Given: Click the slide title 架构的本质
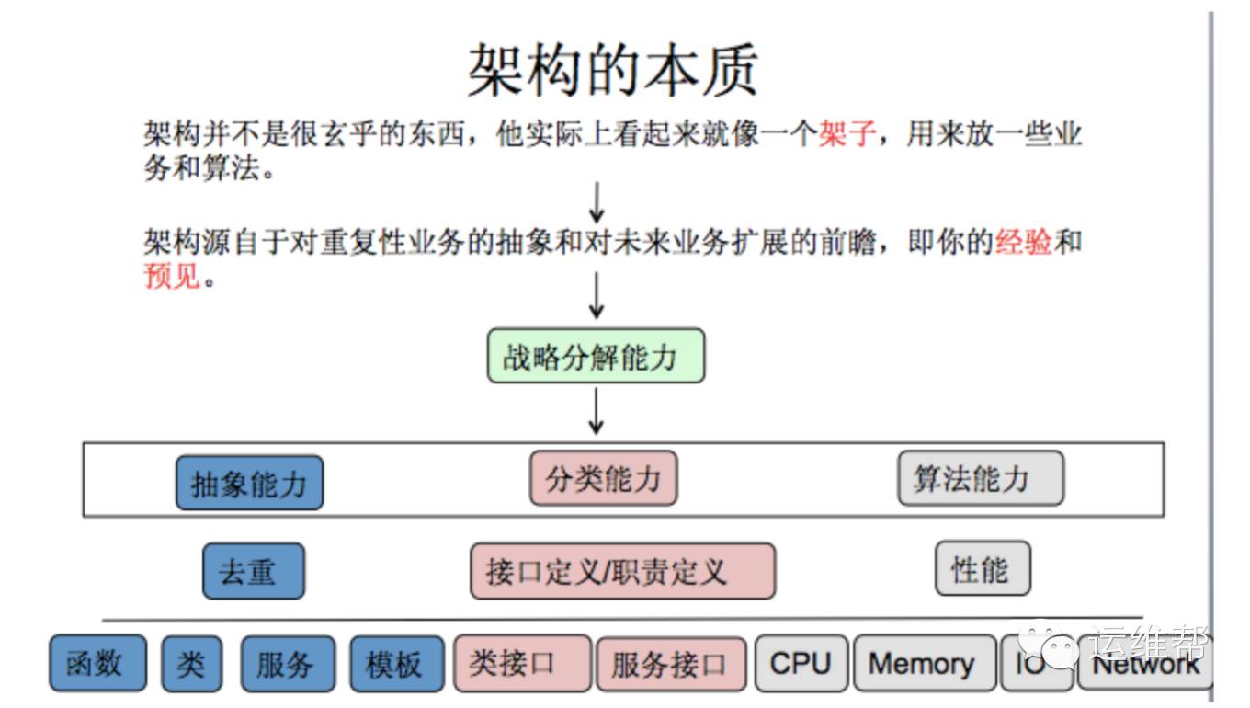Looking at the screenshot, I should [613, 70].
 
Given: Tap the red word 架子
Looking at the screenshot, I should [847, 134].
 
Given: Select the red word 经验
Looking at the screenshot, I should [1023, 242].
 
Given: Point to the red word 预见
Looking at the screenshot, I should [172, 274].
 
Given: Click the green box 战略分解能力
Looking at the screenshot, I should [596, 356].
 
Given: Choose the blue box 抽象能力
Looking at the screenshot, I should [249, 483].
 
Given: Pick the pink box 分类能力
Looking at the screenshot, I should [603, 478].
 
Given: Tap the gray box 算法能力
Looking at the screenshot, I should [980, 478].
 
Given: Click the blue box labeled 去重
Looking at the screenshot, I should [253, 571].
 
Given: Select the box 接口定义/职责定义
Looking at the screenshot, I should [622, 571].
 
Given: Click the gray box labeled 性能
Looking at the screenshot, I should [983, 569].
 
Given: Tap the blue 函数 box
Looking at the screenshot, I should [97, 663].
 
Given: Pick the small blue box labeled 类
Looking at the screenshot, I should [191, 663].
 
